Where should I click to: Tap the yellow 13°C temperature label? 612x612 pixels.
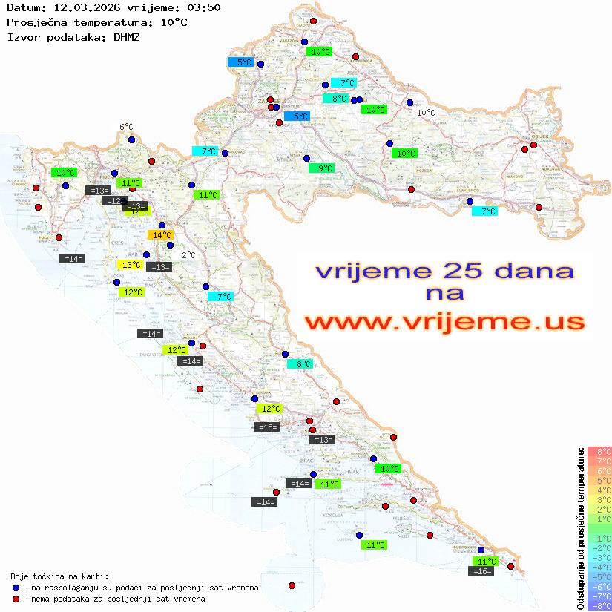tap(131, 265)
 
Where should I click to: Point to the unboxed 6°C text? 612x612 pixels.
tap(126, 127)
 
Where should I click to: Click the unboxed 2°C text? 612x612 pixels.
tap(188, 254)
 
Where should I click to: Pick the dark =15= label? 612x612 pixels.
tap(266, 427)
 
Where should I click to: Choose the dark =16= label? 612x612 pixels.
tap(482, 571)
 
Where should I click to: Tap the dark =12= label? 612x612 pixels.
tap(113, 201)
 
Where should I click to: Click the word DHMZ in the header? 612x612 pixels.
tap(127, 36)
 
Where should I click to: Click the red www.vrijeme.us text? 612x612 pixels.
tap(444, 322)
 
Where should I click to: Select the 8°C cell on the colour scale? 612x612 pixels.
tap(599, 451)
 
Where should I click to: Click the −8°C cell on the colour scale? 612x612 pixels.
tap(599, 605)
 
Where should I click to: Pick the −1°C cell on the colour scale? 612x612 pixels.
tap(599, 538)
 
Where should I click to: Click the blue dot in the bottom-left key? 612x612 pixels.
tap(16, 588)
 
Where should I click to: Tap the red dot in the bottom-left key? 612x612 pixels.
tap(16, 599)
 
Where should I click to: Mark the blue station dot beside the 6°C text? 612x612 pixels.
tap(131, 139)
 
